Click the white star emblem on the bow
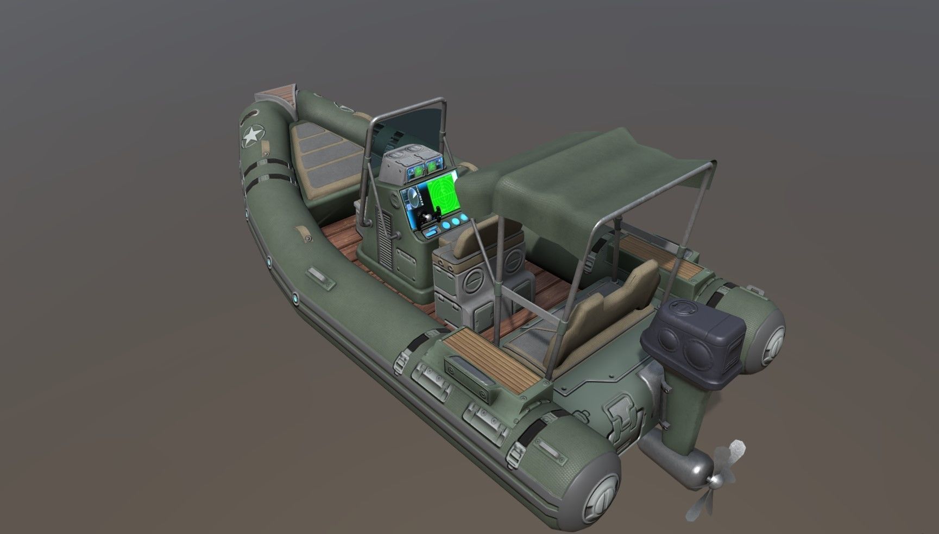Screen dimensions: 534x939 (x=251, y=136)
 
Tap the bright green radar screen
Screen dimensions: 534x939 (x=443, y=192)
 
